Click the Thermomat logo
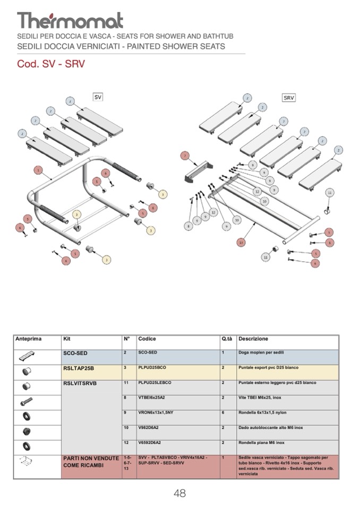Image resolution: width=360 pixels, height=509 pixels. [70, 21]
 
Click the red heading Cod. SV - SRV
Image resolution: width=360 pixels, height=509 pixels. [51, 64]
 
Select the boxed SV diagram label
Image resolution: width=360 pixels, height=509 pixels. [98, 97]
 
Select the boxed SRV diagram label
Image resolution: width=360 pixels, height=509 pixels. [289, 98]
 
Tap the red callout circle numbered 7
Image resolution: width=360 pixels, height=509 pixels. [185, 156]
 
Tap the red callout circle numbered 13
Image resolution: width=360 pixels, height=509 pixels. [241, 243]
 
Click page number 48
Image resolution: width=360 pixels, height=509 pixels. [179, 493]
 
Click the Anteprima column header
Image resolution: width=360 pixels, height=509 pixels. [29, 339]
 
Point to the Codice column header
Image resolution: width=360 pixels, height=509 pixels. [147, 339]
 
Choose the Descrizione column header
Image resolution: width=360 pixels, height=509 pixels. [253, 339]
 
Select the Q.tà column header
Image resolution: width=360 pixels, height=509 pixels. [227, 339]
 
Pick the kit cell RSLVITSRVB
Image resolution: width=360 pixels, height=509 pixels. [80, 383]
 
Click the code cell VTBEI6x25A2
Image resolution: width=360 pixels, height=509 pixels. [152, 398]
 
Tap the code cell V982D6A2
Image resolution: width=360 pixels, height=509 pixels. [149, 428]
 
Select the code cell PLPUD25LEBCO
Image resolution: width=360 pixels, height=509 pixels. [155, 383]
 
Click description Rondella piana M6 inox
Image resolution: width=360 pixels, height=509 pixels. [261, 443]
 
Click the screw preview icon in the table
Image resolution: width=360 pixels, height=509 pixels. [27, 402]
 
